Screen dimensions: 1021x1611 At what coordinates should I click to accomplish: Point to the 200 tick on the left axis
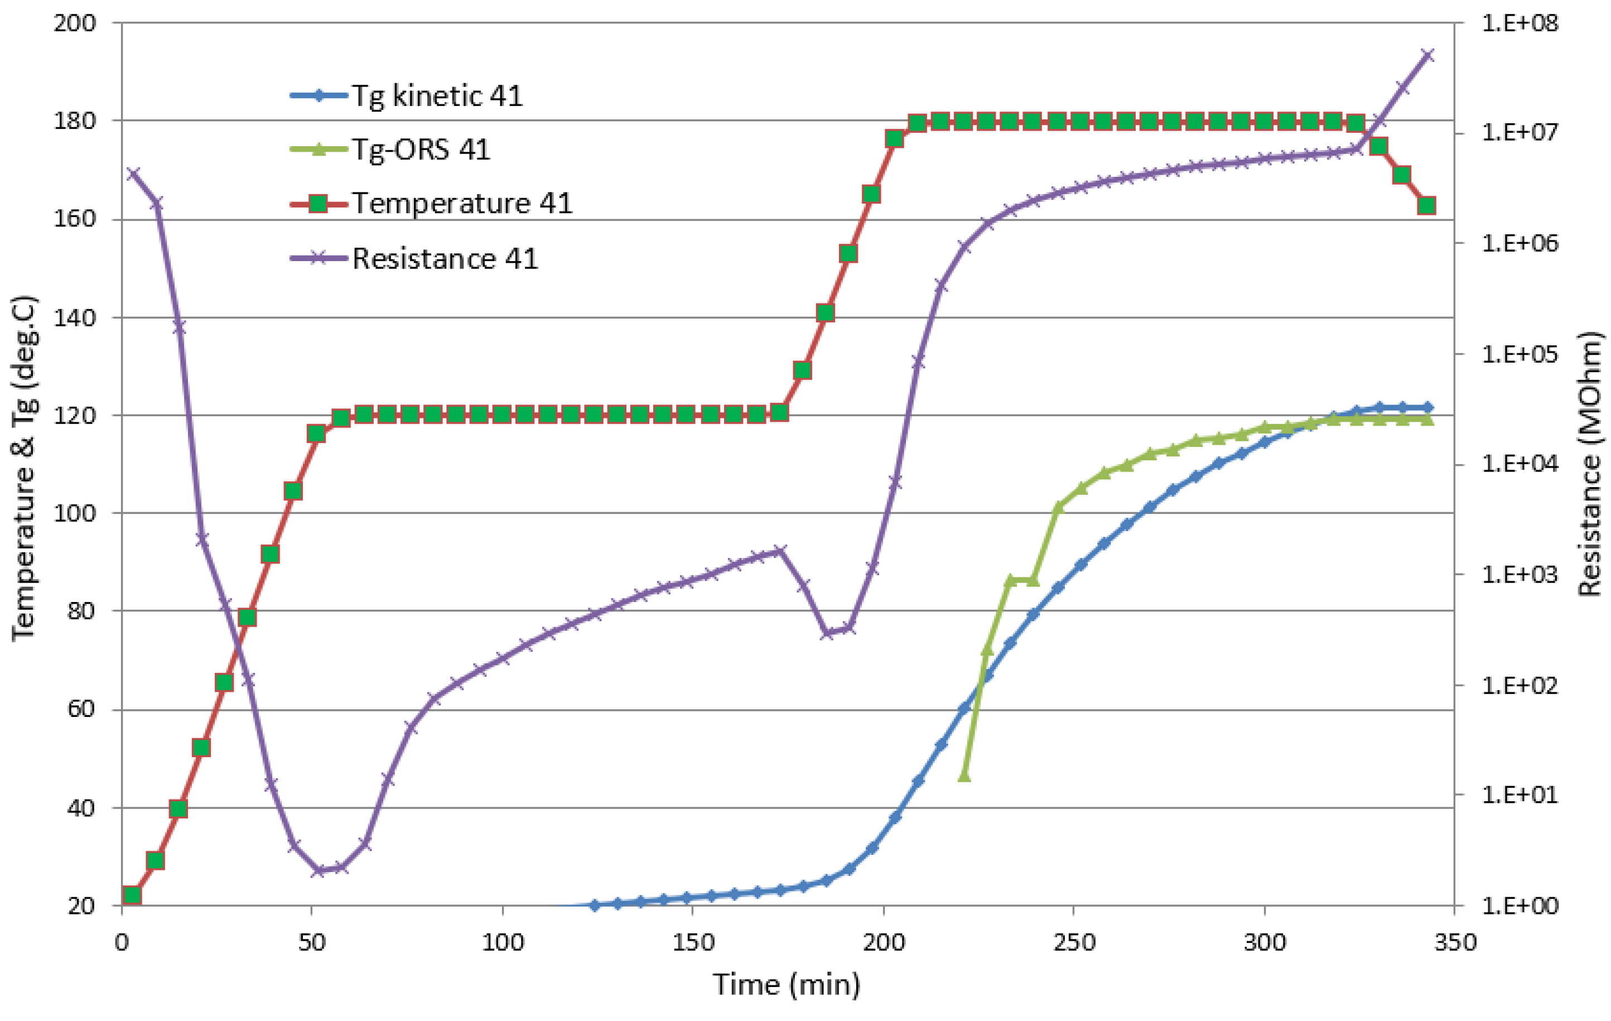pyautogui.click(x=75, y=23)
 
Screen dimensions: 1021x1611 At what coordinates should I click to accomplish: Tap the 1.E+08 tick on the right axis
pyautogui.click(x=1520, y=23)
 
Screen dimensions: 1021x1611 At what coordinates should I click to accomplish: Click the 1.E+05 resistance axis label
pyautogui.click(x=1520, y=353)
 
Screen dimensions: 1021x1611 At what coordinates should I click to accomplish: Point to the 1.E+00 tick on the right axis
pyautogui.click(x=1520, y=906)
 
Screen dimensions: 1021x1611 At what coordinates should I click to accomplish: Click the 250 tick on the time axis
pyautogui.click(x=1074, y=942)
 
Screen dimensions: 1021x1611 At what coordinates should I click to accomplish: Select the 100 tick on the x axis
pyautogui.click(x=503, y=942)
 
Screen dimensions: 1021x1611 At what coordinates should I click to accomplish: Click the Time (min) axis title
pyautogui.click(x=787, y=984)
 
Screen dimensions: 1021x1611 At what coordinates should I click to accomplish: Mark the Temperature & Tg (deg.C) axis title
pyautogui.click(x=24, y=468)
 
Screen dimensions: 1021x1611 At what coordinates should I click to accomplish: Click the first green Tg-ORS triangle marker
pyautogui.click(x=964, y=776)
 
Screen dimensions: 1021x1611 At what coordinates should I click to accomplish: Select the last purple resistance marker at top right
pyautogui.click(x=1427, y=55)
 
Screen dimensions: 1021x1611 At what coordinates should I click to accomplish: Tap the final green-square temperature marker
pyautogui.click(x=1427, y=205)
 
